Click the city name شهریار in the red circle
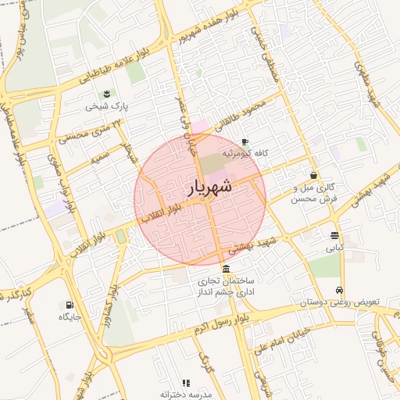click(210, 188)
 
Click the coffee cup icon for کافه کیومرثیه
click(245, 142)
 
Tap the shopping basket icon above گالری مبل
click(313, 176)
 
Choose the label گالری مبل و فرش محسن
click(312, 193)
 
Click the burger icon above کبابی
click(334, 235)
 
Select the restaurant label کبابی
click(334, 248)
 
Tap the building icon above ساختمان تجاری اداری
click(226, 268)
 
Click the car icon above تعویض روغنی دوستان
click(338, 290)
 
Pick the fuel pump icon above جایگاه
click(70, 305)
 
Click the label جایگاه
click(70, 317)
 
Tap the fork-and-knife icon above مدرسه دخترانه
click(185, 383)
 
